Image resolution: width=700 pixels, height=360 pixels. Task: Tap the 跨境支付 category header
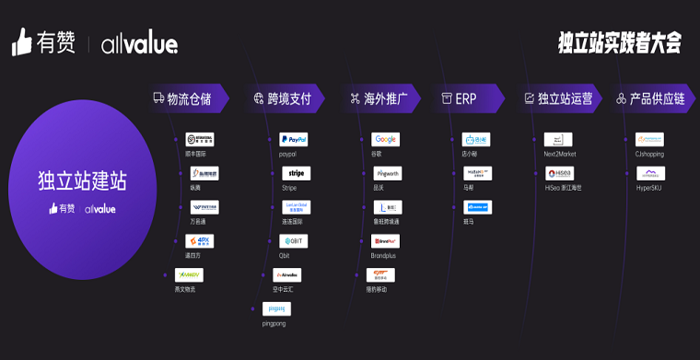(287, 99)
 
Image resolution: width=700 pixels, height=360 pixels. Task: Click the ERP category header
(466, 99)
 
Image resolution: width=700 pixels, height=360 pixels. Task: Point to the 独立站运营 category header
(562, 99)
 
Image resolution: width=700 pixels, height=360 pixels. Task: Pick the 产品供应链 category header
(656, 99)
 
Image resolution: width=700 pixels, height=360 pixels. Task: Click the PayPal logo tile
(294, 140)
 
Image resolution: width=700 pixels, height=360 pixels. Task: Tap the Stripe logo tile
(296, 173)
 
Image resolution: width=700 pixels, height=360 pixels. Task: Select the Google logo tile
(385, 140)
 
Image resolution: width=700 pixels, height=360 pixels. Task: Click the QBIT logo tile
(294, 241)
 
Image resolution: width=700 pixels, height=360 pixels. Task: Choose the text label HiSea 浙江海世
(565, 188)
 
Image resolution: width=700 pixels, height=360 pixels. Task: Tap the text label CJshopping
(649, 155)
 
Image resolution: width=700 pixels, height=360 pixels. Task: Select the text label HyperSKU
(648, 188)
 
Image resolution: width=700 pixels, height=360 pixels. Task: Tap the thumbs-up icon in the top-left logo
(22, 42)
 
